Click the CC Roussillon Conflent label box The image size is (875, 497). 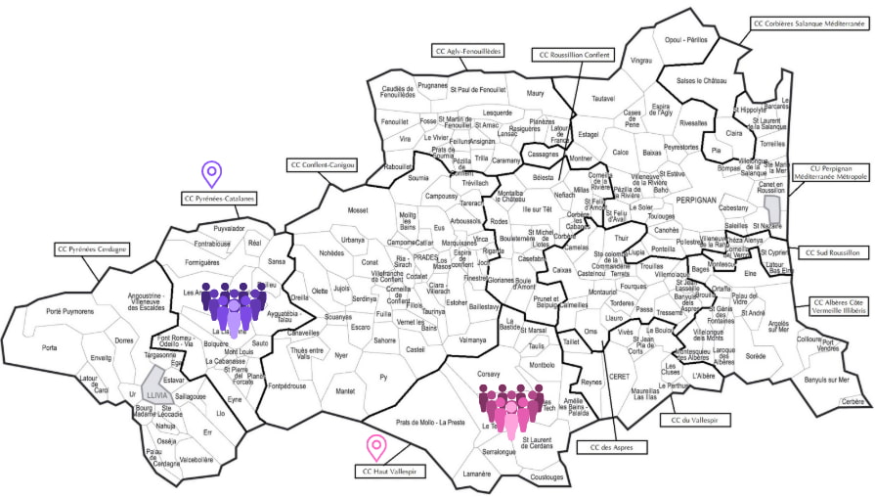575,55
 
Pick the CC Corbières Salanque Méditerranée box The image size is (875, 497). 810,22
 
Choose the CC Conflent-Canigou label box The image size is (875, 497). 322,165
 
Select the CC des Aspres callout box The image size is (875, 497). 601,448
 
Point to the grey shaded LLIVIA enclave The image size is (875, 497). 154,383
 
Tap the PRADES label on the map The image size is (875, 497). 425,257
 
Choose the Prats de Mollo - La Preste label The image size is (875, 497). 430,423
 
